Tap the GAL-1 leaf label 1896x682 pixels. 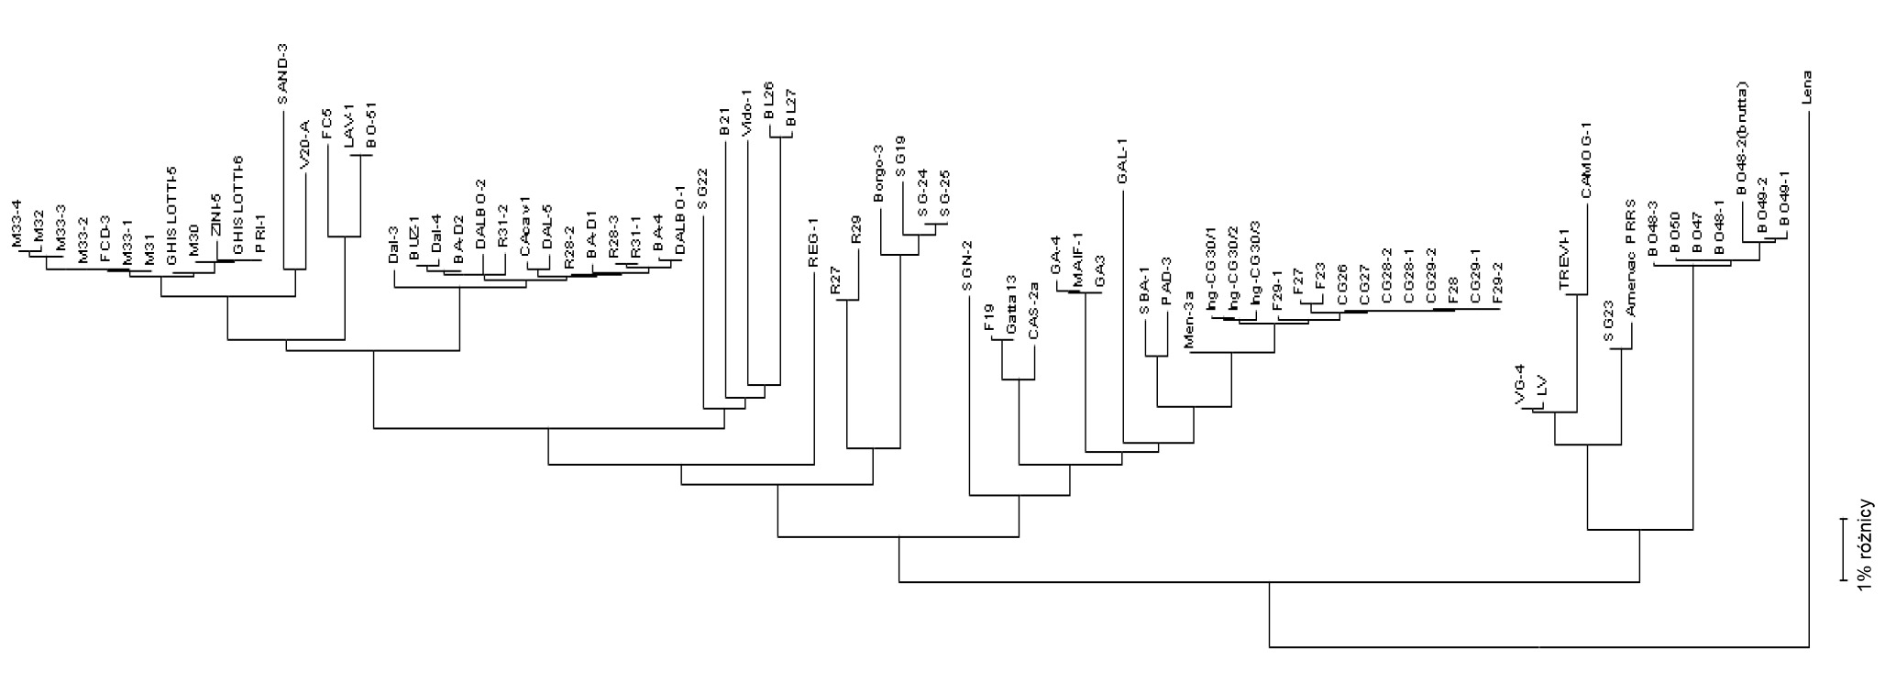[1121, 163]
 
